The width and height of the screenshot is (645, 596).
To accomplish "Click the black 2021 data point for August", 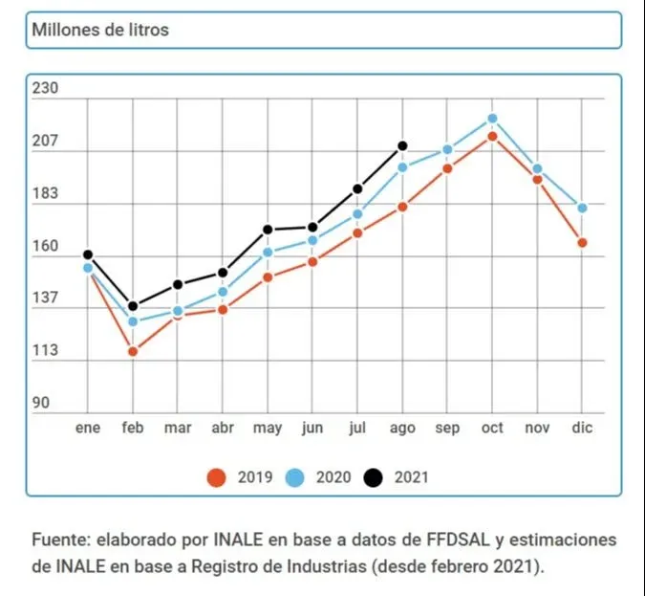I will click(402, 146).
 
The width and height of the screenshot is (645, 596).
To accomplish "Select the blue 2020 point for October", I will click(492, 119).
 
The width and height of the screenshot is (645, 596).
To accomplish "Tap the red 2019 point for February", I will click(133, 351).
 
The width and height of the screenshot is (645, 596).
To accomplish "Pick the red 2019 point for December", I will click(582, 243).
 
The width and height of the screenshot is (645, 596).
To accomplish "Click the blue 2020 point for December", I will click(582, 208).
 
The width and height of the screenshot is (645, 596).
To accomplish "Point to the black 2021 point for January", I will click(88, 254).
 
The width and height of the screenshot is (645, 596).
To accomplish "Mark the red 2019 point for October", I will click(492, 136).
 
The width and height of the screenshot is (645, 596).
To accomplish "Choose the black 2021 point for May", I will click(268, 230).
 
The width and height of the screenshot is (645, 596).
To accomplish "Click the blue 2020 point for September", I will click(447, 149).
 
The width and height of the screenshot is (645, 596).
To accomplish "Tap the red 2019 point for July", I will click(357, 232).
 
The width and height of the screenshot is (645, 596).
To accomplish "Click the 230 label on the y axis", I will click(46, 89).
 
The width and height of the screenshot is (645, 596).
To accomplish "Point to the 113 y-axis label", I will click(46, 350).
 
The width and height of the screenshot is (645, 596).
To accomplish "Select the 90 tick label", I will click(41, 403).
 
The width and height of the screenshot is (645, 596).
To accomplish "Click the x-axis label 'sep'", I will click(447, 428).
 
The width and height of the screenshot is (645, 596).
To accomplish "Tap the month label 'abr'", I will click(223, 428).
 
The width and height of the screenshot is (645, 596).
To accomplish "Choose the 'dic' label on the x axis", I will click(582, 428).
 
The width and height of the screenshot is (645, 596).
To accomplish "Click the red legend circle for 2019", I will click(217, 476).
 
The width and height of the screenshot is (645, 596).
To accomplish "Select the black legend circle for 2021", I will click(375, 476).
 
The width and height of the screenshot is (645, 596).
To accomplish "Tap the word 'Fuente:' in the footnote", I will click(60, 540).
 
